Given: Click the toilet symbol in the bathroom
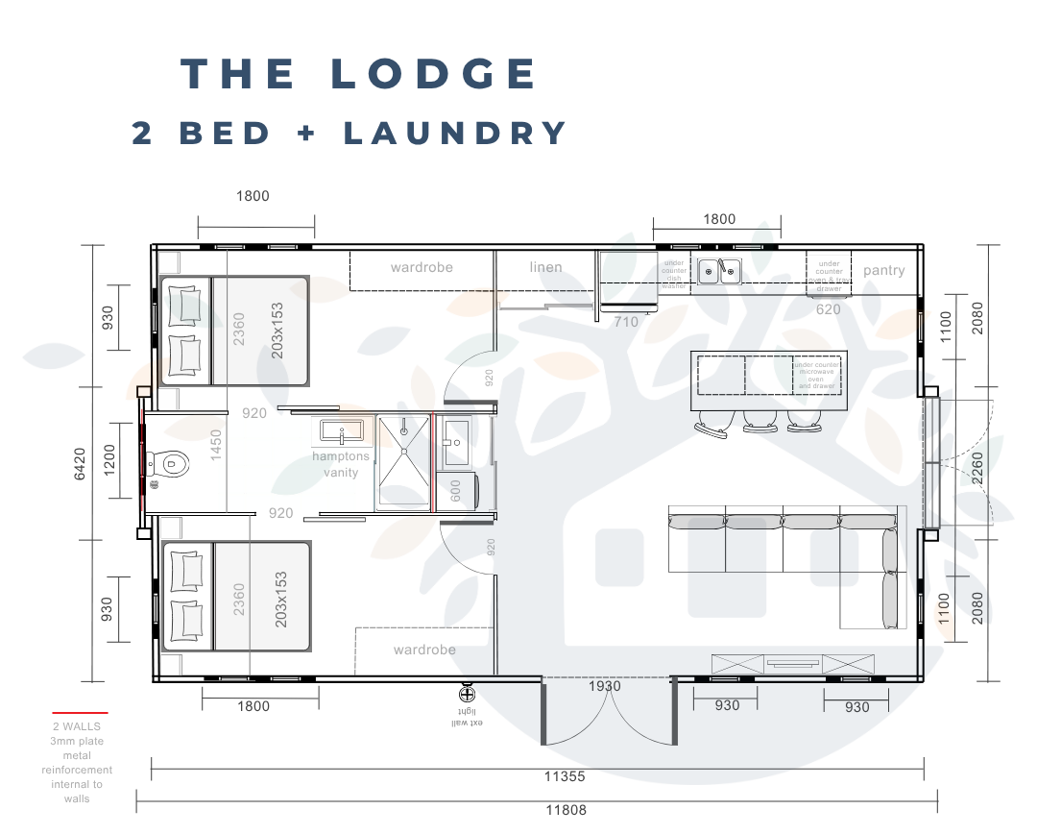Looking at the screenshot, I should click(x=173, y=465).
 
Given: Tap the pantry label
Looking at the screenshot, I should click(x=883, y=271).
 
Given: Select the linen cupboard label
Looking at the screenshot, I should click(x=545, y=267).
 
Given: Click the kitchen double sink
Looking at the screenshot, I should click(x=719, y=271).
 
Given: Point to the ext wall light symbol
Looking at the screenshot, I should click(x=468, y=695).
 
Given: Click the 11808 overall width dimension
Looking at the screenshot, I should click(x=566, y=809).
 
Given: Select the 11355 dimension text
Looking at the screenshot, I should click(x=564, y=776).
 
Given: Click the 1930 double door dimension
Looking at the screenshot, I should click(x=604, y=686).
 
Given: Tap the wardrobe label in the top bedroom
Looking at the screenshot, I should click(x=422, y=267).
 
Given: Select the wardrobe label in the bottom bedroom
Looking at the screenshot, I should click(x=424, y=650).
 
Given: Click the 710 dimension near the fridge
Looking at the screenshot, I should click(x=626, y=322).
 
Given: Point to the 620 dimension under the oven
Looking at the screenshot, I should click(x=828, y=309).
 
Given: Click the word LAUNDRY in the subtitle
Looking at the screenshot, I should click(x=457, y=134).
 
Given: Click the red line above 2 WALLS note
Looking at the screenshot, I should click(x=79, y=713).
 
